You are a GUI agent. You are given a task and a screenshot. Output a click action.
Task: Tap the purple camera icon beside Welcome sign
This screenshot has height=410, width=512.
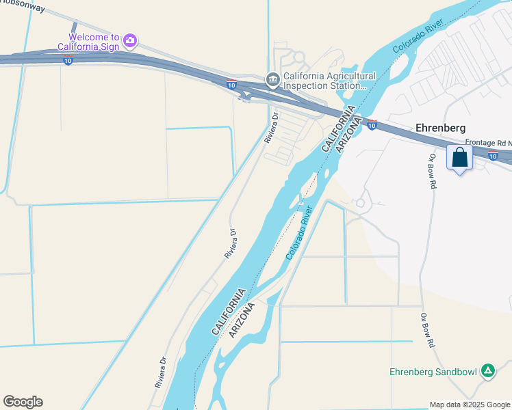130,42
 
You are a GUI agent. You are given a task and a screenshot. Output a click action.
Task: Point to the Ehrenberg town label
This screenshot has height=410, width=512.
441,128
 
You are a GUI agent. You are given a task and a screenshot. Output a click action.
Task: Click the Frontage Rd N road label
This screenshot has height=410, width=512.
488,142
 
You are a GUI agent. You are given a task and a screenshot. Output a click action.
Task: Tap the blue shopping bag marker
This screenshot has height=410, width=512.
459,159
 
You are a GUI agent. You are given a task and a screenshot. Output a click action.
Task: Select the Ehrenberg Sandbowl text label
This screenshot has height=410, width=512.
434,372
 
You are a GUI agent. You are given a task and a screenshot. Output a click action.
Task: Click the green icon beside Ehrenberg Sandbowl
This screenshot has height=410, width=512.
488,371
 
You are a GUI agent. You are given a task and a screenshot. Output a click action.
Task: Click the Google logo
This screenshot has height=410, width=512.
23,402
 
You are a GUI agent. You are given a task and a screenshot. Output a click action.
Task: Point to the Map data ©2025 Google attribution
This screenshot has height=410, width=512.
469,405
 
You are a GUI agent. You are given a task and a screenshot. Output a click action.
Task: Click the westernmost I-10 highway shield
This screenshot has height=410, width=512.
68,61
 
